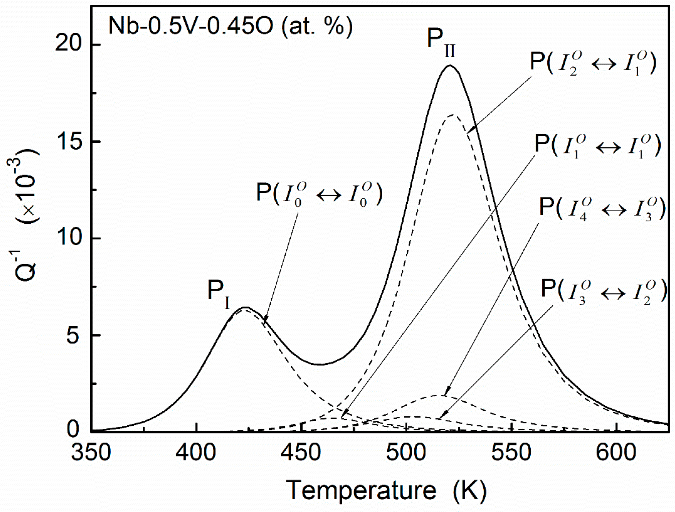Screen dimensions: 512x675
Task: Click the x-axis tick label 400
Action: point(196,453)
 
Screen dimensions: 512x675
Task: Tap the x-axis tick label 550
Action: point(511,453)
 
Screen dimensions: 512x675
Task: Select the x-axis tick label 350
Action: point(91,453)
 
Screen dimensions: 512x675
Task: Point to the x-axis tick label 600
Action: point(616,453)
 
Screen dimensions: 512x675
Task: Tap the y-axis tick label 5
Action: point(73,335)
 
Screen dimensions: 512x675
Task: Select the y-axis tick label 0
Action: point(73,430)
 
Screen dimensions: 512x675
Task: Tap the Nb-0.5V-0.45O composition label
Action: point(231,26)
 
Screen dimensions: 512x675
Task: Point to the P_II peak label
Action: point(440,42)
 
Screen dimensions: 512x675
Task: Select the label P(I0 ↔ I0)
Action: point(319,194)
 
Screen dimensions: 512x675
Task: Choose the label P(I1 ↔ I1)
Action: point(597,146)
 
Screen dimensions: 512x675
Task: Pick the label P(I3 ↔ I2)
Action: point(603,291)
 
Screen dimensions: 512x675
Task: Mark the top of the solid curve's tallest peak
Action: point(450,66)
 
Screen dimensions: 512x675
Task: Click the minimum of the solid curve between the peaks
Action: point(320,365)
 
